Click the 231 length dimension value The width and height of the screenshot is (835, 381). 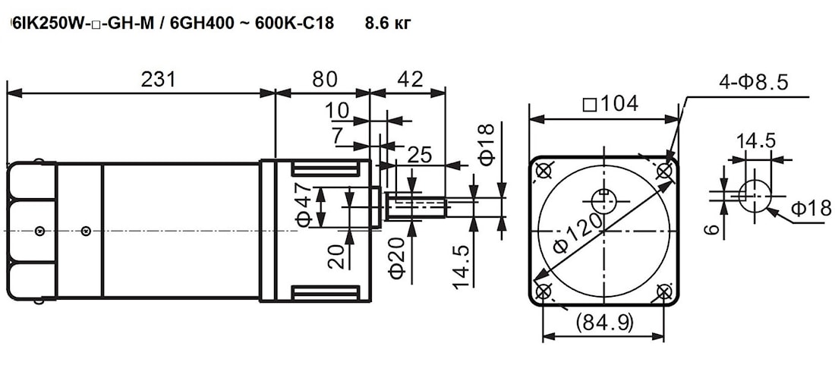[x=158, y=79]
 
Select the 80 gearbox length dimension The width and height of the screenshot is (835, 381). [x=325, y=79]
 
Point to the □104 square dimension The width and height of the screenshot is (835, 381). [x=610, y=104]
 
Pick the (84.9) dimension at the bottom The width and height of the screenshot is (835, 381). [x=604, y=322]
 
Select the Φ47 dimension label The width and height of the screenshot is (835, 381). [x=304, y=206]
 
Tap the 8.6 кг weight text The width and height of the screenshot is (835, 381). [x=388, y=23]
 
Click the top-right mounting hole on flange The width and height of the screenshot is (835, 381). [x=664, y=171]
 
